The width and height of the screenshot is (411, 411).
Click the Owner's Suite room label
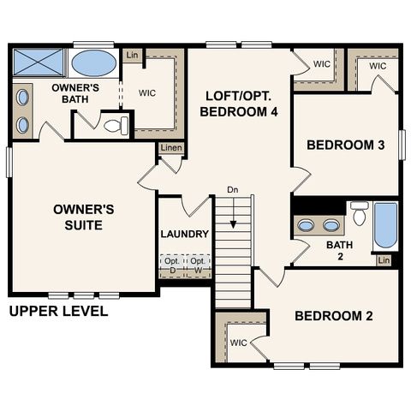78,217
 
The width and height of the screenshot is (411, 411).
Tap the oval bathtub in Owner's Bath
94,63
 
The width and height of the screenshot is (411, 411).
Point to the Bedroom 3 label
345,146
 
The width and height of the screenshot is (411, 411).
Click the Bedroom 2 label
333,316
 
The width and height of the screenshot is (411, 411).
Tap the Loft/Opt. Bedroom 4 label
240,103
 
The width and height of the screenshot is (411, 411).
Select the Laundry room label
184,234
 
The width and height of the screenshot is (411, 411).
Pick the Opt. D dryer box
171,265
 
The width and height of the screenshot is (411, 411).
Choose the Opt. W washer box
197,265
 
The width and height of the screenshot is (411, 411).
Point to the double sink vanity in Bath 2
318,226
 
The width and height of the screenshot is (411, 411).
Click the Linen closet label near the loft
170,149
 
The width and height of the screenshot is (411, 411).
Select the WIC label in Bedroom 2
239,342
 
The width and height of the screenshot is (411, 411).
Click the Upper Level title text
58,311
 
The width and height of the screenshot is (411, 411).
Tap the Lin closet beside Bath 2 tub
384,260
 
